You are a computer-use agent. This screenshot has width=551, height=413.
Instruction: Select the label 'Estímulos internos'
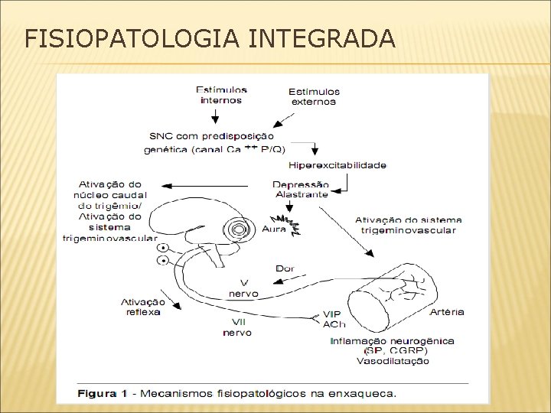click(220, 94)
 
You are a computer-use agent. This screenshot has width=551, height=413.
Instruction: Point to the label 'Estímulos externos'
click(314, 96)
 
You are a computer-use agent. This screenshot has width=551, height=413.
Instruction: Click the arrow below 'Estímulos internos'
click(215, 115)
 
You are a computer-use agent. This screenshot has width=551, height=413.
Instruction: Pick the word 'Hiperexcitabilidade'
click(337, 164)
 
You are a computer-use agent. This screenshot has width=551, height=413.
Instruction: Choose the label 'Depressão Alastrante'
click(302, 189)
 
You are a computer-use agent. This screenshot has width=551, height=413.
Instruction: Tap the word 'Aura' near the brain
click(273, 228)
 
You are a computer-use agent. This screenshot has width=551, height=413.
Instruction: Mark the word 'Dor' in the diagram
click(284, 268)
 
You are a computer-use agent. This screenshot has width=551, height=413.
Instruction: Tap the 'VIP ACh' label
click(335, 318)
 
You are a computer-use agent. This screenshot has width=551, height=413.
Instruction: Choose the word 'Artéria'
click(448, 311)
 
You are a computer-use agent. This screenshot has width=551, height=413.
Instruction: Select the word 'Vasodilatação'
click(393, 360)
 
